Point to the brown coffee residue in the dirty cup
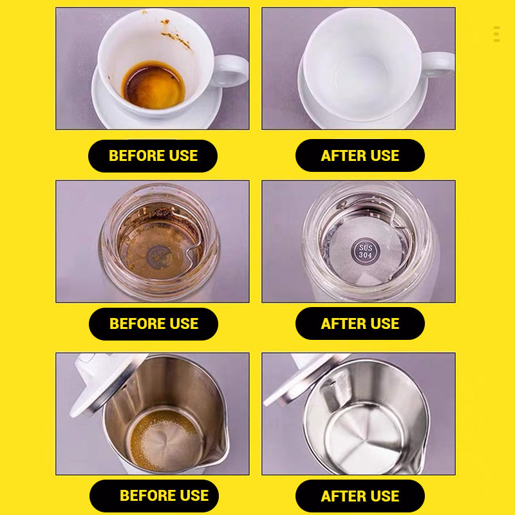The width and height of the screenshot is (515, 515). (x=154, y=86)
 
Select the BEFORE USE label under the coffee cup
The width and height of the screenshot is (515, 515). (x=153, y=156)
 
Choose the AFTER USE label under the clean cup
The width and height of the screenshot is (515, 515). (x=360, y=155)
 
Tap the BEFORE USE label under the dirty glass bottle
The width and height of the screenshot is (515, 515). (x=153, y=324)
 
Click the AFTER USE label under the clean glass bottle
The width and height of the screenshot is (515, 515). (x=360, y=324)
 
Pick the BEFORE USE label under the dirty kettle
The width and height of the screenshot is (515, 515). (x=154, y=496)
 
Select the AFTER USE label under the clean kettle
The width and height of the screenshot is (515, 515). (x=360, y=496)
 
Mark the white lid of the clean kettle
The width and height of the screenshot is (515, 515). (x=305, y=378)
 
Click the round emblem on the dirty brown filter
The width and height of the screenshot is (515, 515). (x=159, y=256)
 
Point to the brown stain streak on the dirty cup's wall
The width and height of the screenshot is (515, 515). (x=176, y=37)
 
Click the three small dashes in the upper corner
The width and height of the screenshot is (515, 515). (x=496, y=34)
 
